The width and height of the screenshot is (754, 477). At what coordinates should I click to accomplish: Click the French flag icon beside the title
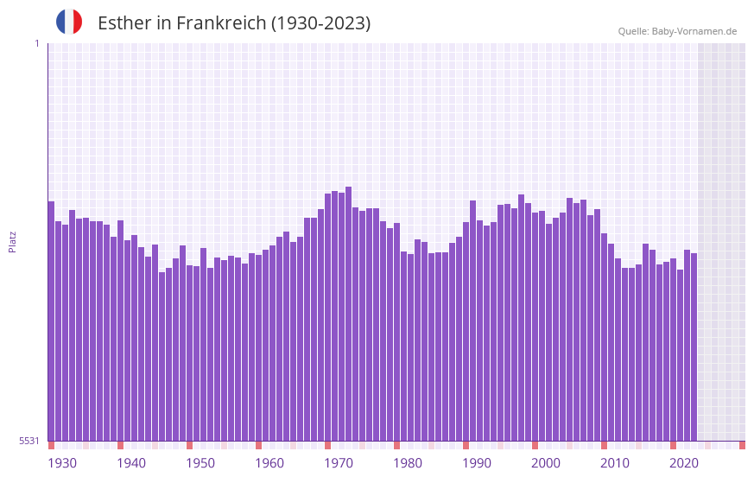coord(69,22)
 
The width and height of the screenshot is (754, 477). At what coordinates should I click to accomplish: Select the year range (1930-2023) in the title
coord(320,23)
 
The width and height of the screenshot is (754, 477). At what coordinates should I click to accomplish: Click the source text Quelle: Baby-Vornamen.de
coord(677,31)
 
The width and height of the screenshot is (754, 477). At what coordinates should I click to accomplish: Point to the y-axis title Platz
coord(12,241)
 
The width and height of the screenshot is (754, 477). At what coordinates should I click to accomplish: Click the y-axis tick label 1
coord(36,43)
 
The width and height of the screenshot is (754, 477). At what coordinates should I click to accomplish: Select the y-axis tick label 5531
coord(29,441)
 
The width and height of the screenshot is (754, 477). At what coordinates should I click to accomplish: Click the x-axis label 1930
coord(62,463)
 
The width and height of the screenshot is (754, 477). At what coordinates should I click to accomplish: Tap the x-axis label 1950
coord(200,463)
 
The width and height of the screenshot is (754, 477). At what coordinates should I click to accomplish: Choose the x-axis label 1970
coord(339,463)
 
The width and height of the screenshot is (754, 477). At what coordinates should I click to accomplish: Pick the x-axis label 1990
coord(477,463)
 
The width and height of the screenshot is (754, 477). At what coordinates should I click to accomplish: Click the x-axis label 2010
coord(615,463)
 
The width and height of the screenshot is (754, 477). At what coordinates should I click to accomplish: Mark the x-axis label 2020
coord(684,463)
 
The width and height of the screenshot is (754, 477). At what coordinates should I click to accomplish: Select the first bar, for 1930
coord(51,321)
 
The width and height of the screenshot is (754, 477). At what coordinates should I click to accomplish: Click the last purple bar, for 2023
coord(694,347)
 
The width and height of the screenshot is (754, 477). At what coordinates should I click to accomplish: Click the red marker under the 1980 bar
coord(396,445)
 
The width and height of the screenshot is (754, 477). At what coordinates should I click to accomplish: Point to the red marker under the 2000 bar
coord(535,445)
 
